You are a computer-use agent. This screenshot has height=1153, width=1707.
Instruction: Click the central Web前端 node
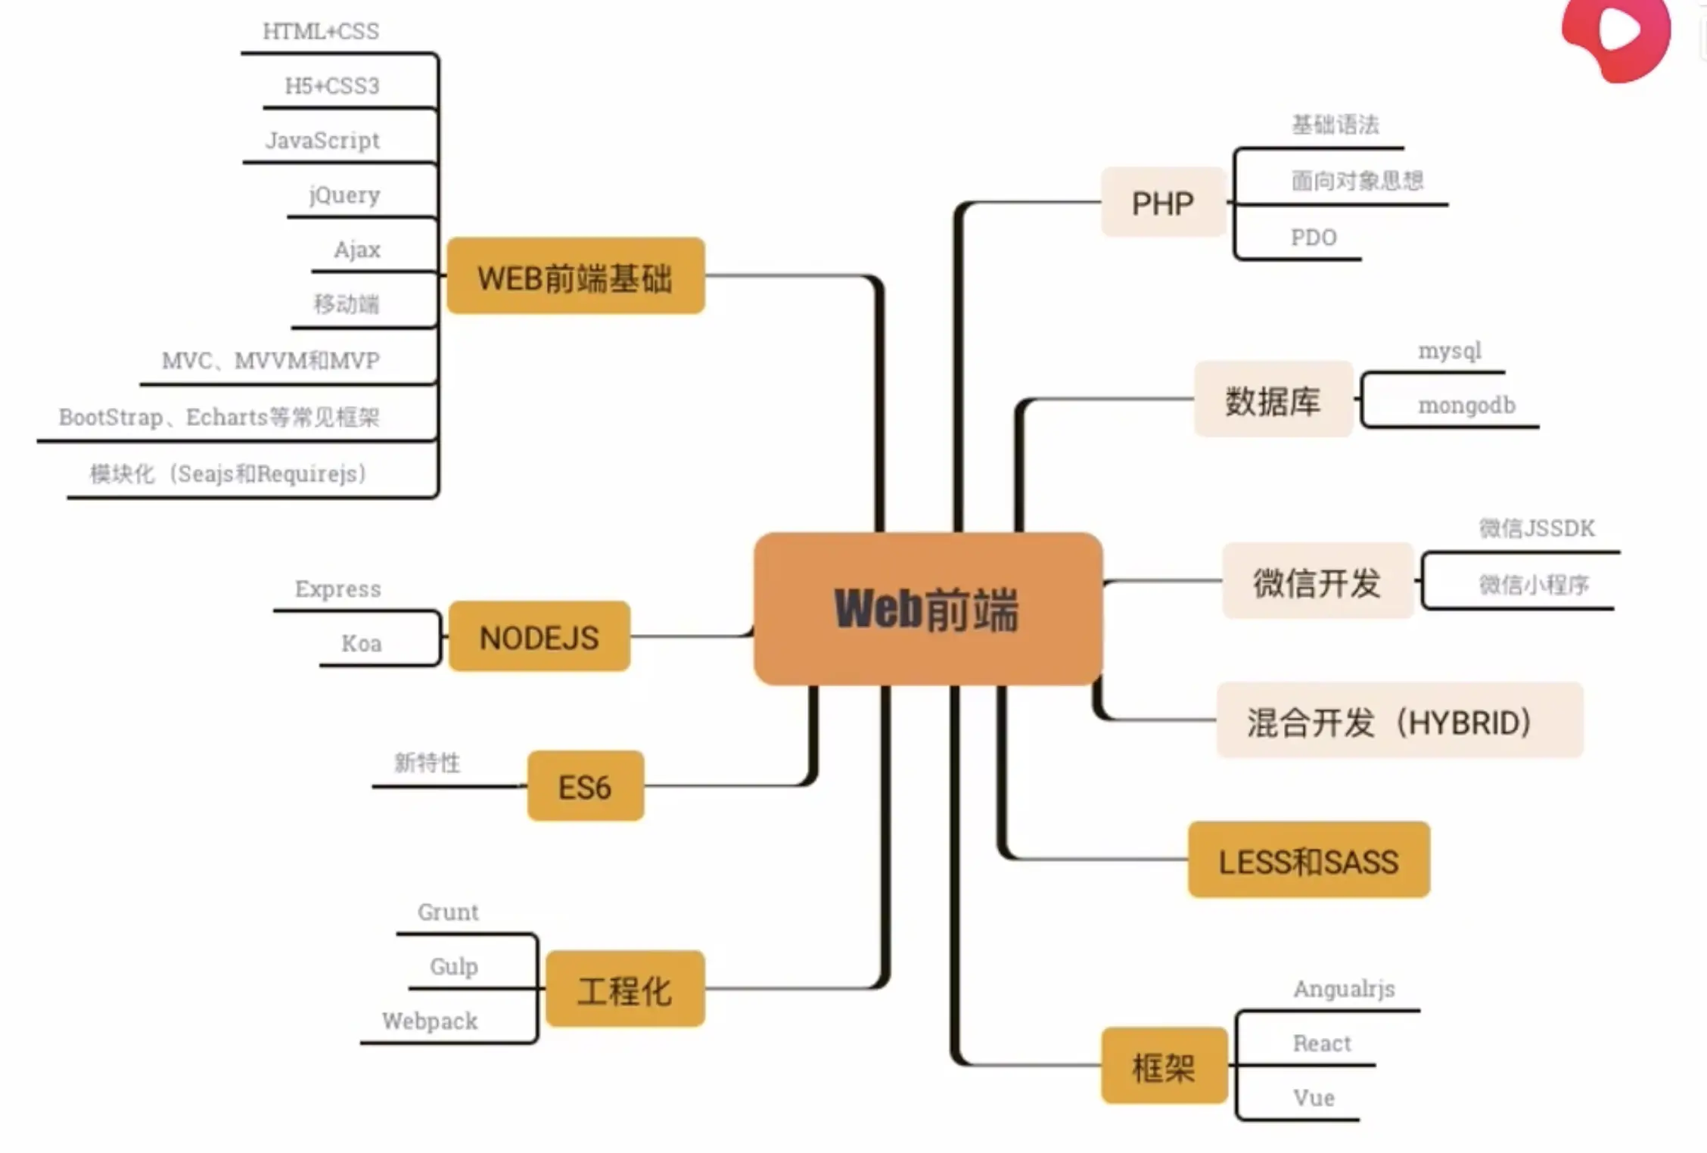(928, 608)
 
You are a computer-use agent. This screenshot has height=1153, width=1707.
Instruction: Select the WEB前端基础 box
(576, 276)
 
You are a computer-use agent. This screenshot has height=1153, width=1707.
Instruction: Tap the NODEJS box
(539, 637)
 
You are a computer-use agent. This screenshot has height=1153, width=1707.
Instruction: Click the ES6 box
(585, 787)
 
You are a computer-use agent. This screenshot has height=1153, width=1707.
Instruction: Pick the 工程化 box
(624, 990)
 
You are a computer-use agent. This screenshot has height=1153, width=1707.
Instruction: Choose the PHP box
(1163, 203)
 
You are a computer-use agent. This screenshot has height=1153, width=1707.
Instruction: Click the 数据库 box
(1273, 399)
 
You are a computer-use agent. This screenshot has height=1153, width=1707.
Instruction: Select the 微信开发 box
(1317, 581)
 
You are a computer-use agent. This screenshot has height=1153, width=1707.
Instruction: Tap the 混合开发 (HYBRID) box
(1399, 721)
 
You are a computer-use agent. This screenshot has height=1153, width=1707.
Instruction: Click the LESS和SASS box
(1308, 860)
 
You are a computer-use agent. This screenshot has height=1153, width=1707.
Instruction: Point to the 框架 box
(1164, 1066)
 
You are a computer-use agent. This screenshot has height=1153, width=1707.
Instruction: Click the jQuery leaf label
(345, 195)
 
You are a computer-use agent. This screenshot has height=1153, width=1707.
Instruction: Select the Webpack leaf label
(430, 1021)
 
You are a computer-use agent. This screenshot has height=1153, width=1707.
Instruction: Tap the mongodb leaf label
(1466, 406)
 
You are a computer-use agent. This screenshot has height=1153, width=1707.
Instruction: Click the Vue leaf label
(1314, 1098)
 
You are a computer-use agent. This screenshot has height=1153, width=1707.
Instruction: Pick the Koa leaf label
(362, 644)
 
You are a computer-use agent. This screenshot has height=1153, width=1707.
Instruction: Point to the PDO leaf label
(1314, 238)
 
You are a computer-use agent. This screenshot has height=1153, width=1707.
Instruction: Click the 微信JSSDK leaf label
(1537, 528)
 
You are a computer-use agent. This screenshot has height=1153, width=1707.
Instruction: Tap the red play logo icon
(1616, 34)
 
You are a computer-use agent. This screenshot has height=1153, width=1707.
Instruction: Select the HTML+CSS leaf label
(321, 31)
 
